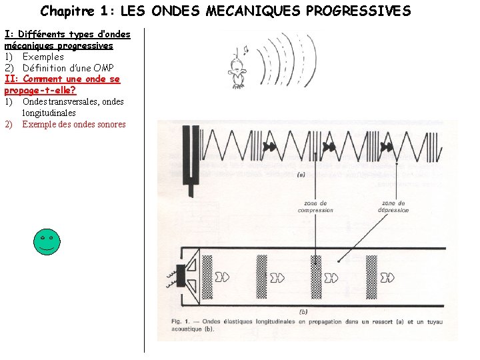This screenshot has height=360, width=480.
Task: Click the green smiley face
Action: pyautogui.click(x=47, y=241)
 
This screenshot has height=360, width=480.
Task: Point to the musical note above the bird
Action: pyautogui.click(x=244, y=50)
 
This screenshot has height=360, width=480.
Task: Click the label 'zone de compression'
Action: pyautogui.click(x=315, y=207)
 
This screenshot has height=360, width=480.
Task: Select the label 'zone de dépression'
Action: pyautogui.click(x=395, y=207)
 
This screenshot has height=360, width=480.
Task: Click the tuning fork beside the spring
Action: pyautogui.click(x=192, y=160)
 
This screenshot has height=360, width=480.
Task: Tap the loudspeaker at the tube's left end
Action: pyautogui.click(x=189, y=275)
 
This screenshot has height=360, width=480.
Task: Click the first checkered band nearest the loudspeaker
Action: pyautogui.click(x=207, y=276)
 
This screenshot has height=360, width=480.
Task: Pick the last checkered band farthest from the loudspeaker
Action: pyautogui.click(x=371, y=276)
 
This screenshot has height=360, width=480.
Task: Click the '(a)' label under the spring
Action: pyautogui.click(x=300, y=175)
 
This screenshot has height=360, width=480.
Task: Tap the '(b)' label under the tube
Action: pyautogui.click(x=303, y=311)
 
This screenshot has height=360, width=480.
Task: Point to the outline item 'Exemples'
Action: pyautogui.click(x=43, y=57)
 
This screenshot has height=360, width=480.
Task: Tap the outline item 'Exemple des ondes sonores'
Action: pyautogui.click(x=73, y=124)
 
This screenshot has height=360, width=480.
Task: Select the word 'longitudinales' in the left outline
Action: pyautogui.click(x=49, y=113)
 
